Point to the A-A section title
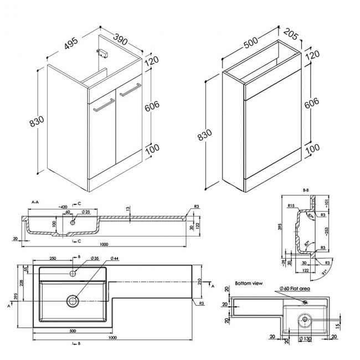coord(35,203)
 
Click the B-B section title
coord(305,191)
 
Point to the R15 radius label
coord(290,205)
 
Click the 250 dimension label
coord(53,258)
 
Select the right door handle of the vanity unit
coord(131,89)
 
